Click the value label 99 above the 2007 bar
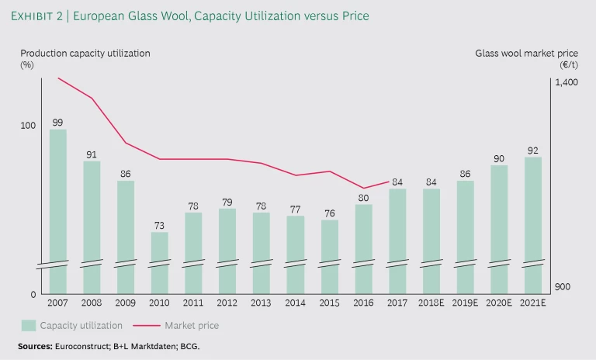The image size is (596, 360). point(57,122)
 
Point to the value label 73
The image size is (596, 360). point(159,225)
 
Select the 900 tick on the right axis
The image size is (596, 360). point(563,287)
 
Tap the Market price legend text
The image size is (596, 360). point(192,326)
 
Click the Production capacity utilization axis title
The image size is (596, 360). point(85,54)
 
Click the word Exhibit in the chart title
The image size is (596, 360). point(39,16)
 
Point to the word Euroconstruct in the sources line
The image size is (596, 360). point(80,345)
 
